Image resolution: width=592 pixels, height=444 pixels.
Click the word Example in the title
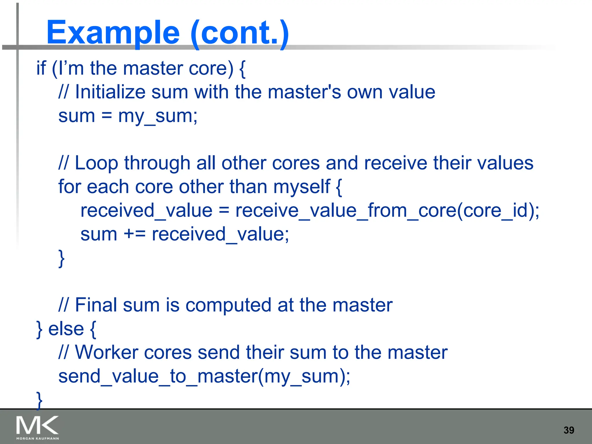(x=113, y=33)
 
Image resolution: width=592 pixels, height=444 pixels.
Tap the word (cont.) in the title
(x=240, y=33)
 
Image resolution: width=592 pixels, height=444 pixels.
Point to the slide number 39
(x=569, y=430)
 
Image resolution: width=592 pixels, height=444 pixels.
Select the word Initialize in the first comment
(x=110, y=92)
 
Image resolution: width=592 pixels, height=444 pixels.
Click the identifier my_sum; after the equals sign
(x=158, y=116)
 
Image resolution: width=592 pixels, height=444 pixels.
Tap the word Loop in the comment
(x=96, y=163)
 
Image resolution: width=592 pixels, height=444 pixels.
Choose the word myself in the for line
(x=301, y=187)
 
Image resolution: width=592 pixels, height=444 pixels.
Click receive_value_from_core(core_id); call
(x=387, y=210)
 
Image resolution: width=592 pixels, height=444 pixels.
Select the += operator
(x=134, y=234)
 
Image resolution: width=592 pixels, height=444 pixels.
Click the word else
(x=66, y=329)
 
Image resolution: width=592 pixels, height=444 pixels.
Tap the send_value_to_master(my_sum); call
(x=204, y=376)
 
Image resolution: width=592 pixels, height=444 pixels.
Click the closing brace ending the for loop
(x=61, y=258)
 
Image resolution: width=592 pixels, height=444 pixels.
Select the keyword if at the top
(x=41, y=69)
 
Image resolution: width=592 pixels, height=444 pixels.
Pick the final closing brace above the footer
(x=40, y=400)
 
